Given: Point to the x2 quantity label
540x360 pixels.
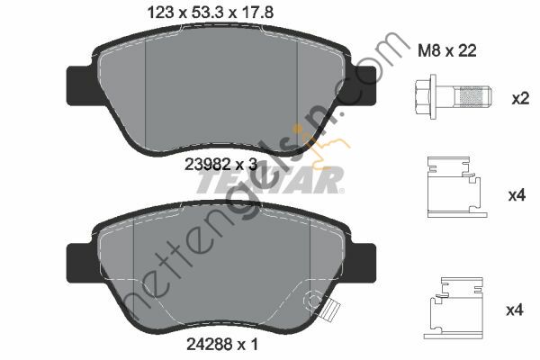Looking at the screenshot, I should pos(519,98).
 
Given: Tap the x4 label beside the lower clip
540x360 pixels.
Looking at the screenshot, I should pos(515,310).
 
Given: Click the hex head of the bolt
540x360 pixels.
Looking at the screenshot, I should pos(427,95).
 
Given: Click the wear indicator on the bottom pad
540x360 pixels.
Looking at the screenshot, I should pos(330,311).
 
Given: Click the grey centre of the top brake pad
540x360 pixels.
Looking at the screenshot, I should pos(220,90).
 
